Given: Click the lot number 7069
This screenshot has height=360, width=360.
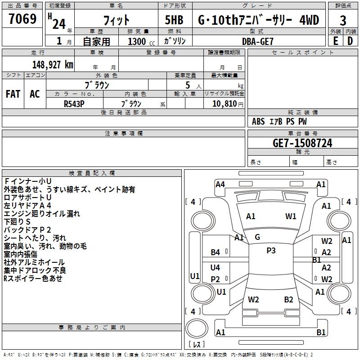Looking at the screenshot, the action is pos(22,19).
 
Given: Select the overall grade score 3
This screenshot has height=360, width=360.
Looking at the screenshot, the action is pos(343,21).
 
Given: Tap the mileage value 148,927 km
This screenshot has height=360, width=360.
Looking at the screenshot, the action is pos(53,65).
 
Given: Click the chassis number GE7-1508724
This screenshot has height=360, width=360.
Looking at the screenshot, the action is pos(302,143).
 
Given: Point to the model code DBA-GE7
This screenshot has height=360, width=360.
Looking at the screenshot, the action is pos(257,41).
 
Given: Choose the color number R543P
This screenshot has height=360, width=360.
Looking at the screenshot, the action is pos(74,104).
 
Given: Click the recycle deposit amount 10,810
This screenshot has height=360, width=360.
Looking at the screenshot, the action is pos(224,104).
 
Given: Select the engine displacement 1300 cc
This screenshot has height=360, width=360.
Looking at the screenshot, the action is pos(141,41).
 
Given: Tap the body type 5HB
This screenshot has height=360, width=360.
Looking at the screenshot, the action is pos(174,20).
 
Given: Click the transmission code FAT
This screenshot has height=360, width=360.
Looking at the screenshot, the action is pos(13,94).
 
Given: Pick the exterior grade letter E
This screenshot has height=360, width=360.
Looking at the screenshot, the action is pos(335,41).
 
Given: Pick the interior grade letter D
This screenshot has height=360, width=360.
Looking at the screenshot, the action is pos(350,41).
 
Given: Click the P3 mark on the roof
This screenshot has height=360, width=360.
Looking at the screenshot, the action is pos(271,250).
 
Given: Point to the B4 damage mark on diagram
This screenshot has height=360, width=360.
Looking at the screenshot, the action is pos(215,252).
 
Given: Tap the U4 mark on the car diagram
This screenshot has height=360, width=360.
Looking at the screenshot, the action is pos(215,267).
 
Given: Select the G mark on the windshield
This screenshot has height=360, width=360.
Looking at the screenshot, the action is pos(257,237).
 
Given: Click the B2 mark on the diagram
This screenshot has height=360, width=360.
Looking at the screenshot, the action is pos(288,300).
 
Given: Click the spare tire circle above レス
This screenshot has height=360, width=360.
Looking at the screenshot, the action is pos(197,328).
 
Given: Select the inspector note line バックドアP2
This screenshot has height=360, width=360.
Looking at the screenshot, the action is pos(27,230).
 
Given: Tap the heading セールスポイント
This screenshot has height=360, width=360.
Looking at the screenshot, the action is pos(302,53).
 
